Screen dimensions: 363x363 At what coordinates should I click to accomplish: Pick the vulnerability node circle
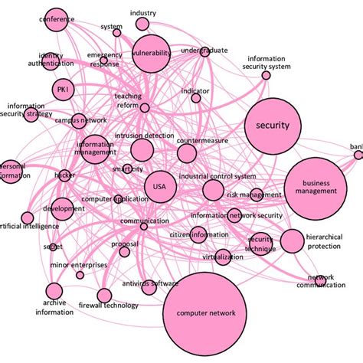click(151, 54)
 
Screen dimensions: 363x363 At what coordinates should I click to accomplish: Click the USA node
click(159, 187)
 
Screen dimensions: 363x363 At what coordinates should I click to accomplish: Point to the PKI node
click(62, 90)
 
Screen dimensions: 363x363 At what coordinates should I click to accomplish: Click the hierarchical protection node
click(292, 241)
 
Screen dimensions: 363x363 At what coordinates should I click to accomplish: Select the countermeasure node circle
click(186, 153)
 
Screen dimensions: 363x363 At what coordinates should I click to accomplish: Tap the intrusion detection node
click(142, 149)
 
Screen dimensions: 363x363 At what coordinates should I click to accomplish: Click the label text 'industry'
click(143, 13)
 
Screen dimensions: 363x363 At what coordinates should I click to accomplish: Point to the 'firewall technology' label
click(109, 306)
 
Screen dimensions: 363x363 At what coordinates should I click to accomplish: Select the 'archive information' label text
click(54, 307)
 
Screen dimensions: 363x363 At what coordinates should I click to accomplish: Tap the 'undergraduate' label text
click(204, 51)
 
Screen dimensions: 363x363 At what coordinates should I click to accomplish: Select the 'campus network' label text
click(80, 121)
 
